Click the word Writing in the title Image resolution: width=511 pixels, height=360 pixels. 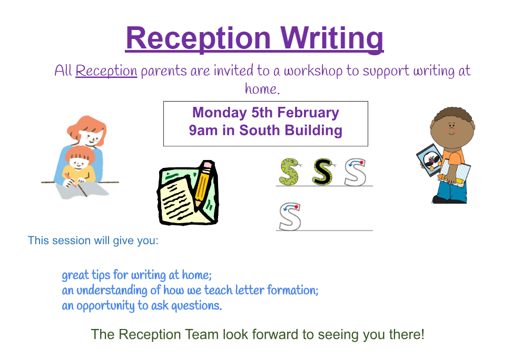[332, 39]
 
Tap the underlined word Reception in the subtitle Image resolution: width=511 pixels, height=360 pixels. [106, 71]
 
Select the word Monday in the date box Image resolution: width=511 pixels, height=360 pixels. [219, 113]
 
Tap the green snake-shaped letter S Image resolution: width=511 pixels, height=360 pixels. [289, 172]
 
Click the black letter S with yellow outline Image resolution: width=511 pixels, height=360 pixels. [322, 172]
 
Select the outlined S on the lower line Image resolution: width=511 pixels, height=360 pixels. [290, 217]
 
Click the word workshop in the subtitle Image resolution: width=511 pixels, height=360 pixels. [313, 71]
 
